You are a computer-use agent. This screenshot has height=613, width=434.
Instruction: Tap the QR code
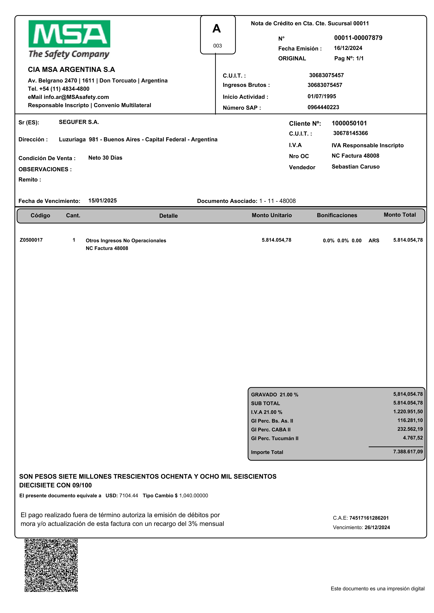(x=51, y=565)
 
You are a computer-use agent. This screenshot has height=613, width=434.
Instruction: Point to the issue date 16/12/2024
(x=348, y=48)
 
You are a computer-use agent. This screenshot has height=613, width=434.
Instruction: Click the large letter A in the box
(x=216, y=29)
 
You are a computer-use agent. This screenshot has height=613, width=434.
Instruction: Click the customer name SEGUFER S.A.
(x=79, y=122)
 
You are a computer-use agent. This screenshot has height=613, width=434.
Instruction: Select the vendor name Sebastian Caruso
(x=355, y=167)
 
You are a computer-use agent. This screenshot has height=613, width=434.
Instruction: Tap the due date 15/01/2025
(x=102, y=201)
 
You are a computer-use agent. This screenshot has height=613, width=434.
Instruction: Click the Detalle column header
(x=168, y=216)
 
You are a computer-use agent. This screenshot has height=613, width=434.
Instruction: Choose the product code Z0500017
(x=31, y=240)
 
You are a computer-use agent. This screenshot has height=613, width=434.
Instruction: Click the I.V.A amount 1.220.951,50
(x=408, y=411)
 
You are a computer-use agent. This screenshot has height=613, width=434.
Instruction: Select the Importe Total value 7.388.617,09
(x=408, y=451)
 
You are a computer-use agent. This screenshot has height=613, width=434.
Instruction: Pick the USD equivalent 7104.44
(x=129, y=496)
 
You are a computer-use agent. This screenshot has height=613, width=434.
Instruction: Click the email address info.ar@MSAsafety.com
(x=76, y=97)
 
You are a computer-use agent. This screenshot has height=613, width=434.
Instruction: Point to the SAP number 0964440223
(x=323, y=107)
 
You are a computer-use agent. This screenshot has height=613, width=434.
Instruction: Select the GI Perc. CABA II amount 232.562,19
(x=410, y=429)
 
